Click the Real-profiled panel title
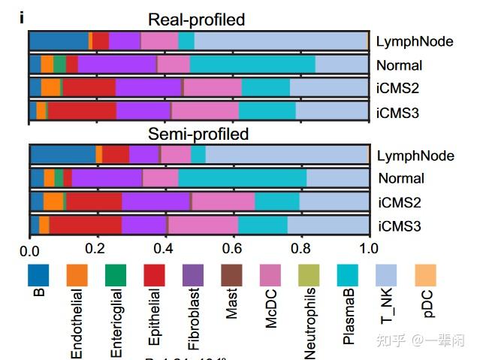pos(197,20)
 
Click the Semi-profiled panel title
pos(198,135)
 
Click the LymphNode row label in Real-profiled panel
pos(415,42)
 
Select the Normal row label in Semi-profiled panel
pos(401,179)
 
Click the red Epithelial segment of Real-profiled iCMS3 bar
pos(82,111)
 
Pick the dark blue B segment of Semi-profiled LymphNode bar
pos(63,155)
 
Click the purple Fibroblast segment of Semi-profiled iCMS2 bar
pos(155,201)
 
